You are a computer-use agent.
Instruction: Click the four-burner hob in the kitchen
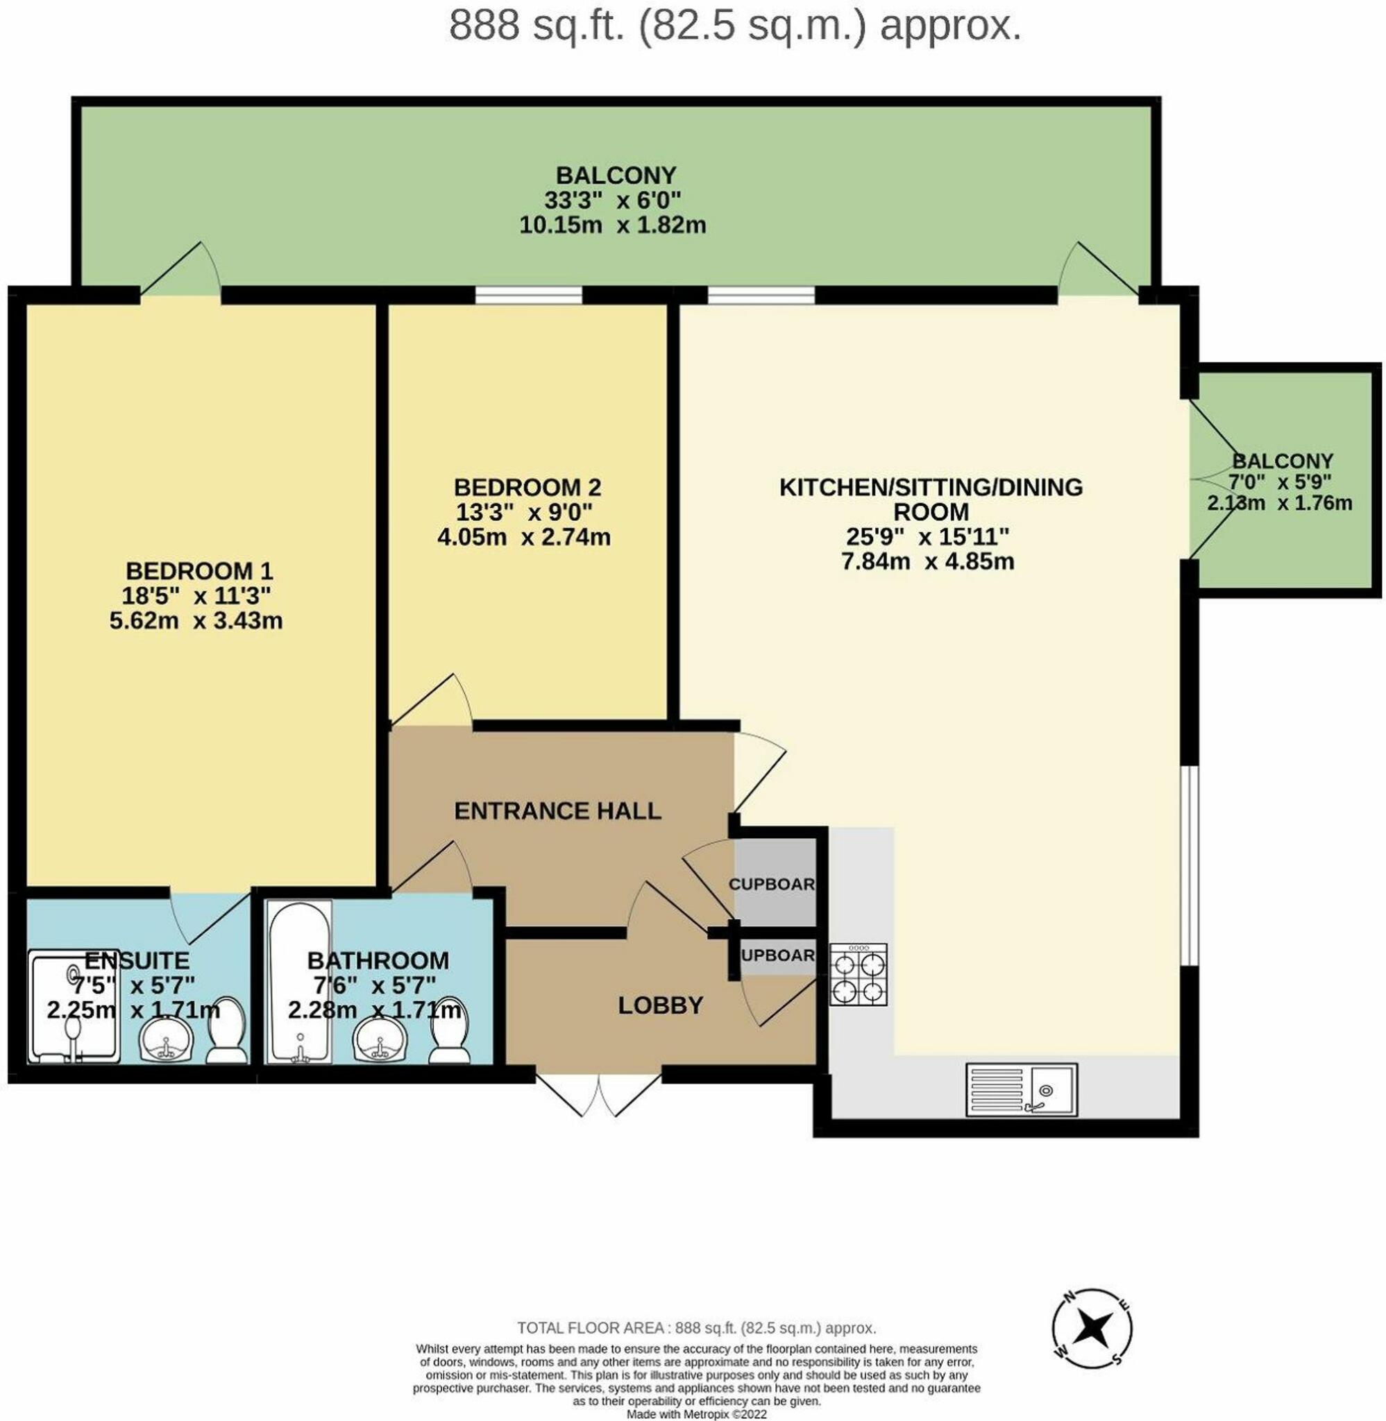tap(859, 974)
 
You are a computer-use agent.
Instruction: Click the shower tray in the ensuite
tap(73, 1006)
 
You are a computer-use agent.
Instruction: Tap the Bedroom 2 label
tap(527, 487)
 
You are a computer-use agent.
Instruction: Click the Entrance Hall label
tap(557, 810)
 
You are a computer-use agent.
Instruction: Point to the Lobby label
tap(660, 1005)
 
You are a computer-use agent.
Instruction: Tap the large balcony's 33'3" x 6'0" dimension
tap(612, 199)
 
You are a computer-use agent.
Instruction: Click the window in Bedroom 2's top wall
tap(528, 295)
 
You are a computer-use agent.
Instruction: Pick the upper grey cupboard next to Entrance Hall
tap(773, 882)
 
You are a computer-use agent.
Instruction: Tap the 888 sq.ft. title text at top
tap(734, 26)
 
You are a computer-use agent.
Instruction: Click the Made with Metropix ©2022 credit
tap(696, 1415)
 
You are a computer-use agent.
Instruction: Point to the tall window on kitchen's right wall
tap(1188, 865)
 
